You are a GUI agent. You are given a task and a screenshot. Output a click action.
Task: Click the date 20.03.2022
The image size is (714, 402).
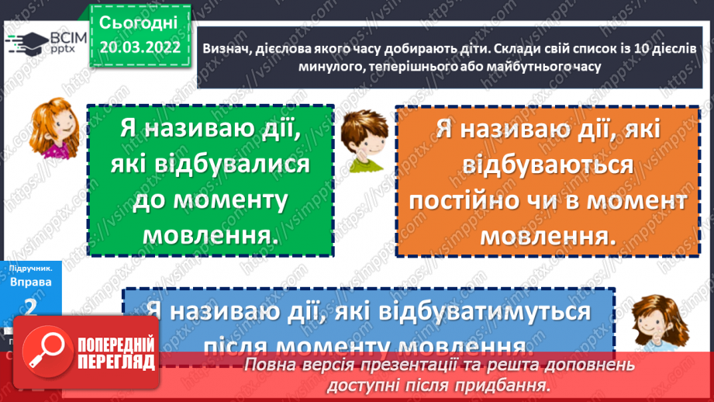[x=140, y=47]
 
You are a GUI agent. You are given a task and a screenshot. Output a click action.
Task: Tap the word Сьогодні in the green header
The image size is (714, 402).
[x=140, y=22]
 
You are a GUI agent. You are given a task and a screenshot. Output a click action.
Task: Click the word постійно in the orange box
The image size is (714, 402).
[x=470, y=200]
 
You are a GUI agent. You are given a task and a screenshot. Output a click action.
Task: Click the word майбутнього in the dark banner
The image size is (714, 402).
[x=513, y=67]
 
